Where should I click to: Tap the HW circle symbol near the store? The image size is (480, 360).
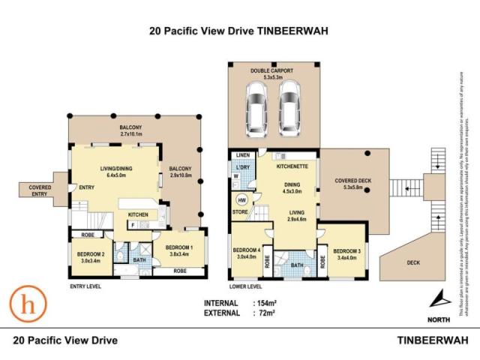click(x=242, y=201)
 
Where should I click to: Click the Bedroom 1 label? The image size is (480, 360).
click(x=180, y=248)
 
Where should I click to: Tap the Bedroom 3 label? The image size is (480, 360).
click(x=347, y=251)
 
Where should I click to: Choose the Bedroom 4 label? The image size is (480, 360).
click(x=247, y=250)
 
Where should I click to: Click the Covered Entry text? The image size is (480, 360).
click(x=34, y=190)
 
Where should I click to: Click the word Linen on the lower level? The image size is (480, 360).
click(x=243, y=154)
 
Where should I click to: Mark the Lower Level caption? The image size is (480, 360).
click(x=246, y=286)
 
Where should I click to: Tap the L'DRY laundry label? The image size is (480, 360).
click(x=242, y=166)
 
